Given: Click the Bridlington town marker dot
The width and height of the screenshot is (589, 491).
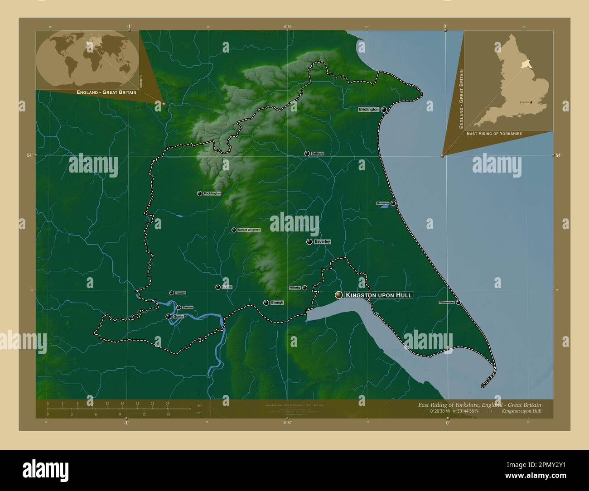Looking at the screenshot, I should tap(384, 110).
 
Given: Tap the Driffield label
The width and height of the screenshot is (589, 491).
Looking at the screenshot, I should tap(318, 154).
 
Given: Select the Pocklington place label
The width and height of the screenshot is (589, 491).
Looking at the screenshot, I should tap(212, 193).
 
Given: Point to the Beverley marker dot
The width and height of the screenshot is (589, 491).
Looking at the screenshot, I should tap(309, 242).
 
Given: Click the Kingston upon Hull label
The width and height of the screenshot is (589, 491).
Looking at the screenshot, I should tap(379, 295).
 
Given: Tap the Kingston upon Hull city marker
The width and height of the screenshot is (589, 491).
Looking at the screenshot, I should tap(338, 295).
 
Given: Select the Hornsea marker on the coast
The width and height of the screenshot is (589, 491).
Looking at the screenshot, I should tap(393, 203).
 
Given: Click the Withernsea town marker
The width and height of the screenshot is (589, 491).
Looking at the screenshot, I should tap(458, 302).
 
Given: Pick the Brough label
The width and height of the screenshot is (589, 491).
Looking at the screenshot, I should tap(276, 303).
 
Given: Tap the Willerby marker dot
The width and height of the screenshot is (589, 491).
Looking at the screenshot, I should tap(304, 288).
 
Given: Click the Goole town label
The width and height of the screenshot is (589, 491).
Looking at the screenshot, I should tap(179, 317).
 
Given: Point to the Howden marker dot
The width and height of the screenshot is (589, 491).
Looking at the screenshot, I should tap(171, 293).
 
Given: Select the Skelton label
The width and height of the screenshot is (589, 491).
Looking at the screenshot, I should tap(188, 308).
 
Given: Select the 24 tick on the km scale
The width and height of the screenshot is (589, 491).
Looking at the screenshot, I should tap(167, 403).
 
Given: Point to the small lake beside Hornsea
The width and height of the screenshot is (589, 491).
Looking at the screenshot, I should tap(384, 207).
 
